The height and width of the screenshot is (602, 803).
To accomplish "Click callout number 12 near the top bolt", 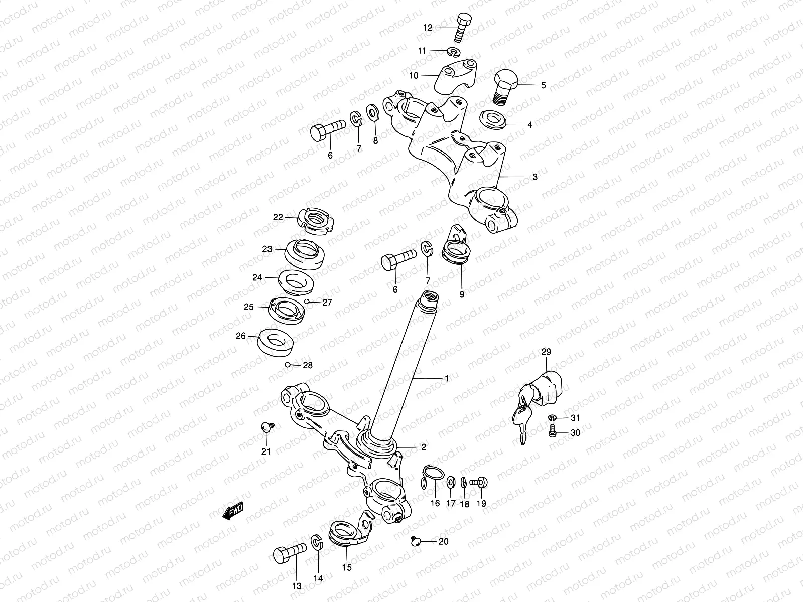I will click(428, 28).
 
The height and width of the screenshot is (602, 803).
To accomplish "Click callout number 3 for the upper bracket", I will click(535, 177).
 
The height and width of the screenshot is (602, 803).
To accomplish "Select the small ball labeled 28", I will click(287, 365).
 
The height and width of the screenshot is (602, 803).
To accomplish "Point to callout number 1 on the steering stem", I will click(447, 378).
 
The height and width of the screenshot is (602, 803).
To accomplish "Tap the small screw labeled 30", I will click(552, 431).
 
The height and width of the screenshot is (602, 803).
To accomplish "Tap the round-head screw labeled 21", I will click(267, 427).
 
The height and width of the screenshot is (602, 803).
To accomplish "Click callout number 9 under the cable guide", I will click(462, 294).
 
